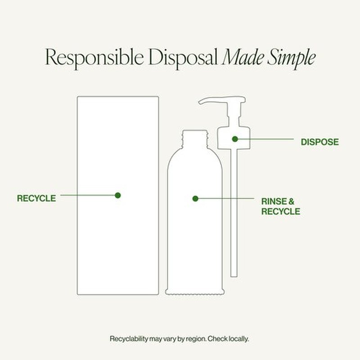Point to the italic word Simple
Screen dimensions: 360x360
pyautogui.click(x=291, y=58)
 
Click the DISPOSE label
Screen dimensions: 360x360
pyautogui.click(x=319, y=142)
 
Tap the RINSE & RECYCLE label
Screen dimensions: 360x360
pyautogui.click(x=280, y=207)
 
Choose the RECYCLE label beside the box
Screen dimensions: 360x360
pyautogui.click(x=36, y=198)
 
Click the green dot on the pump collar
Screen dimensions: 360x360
pyautogui.click(x=234, y=139)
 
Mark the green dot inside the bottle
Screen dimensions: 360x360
pyautogui.click(x=195, y=198)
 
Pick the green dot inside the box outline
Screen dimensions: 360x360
pyautogui.click(x=118, y=195)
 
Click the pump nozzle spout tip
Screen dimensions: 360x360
pyautogui.click(x=200, y=102)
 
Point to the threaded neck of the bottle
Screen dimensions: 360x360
pyautogui.click(x=195, y=139)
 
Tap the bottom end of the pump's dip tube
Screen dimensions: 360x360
pyautogui.click(x=234, y=276)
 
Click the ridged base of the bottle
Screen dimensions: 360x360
pyautogui.click(x=195, y=292)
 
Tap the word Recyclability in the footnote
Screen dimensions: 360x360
pyautogui.click(x=129, y=339)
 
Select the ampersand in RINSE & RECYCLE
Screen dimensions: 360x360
pyautogui.click(x=291, y=201)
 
